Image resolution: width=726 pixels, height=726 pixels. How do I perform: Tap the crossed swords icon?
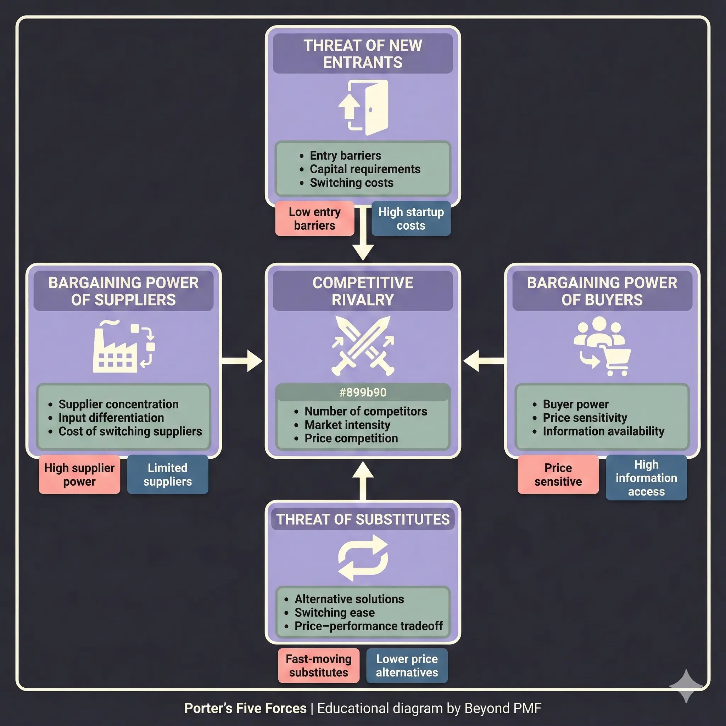click(x=363, y=346)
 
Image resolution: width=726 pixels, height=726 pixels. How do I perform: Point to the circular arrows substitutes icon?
click(x=363, y=558)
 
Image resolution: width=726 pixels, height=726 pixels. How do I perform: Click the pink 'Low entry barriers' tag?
click(x=314, y=219)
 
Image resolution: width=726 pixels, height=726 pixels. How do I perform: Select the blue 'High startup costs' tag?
click(x=411, y=219)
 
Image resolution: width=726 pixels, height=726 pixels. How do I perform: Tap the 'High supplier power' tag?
click(x=79, y=474)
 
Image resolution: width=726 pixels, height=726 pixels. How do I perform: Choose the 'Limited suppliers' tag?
click(x=168, y=474)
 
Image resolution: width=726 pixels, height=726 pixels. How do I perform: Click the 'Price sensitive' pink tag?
click(x=558, y=474)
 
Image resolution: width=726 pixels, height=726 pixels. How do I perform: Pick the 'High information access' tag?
click(x=646, y=478)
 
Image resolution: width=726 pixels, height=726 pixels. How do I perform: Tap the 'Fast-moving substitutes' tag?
click(x=319, y=665)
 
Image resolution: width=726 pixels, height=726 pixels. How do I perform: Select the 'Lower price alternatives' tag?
click(x=407, y=665)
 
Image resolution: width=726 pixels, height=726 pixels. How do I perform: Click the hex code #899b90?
click(x=363, y=392)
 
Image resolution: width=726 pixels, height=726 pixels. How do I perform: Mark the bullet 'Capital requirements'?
click(x=364, y=169)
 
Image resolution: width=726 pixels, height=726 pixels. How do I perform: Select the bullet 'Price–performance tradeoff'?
click(x=368, y=626)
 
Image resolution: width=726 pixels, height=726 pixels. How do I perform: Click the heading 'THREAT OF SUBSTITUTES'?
click(x=363, y=519)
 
